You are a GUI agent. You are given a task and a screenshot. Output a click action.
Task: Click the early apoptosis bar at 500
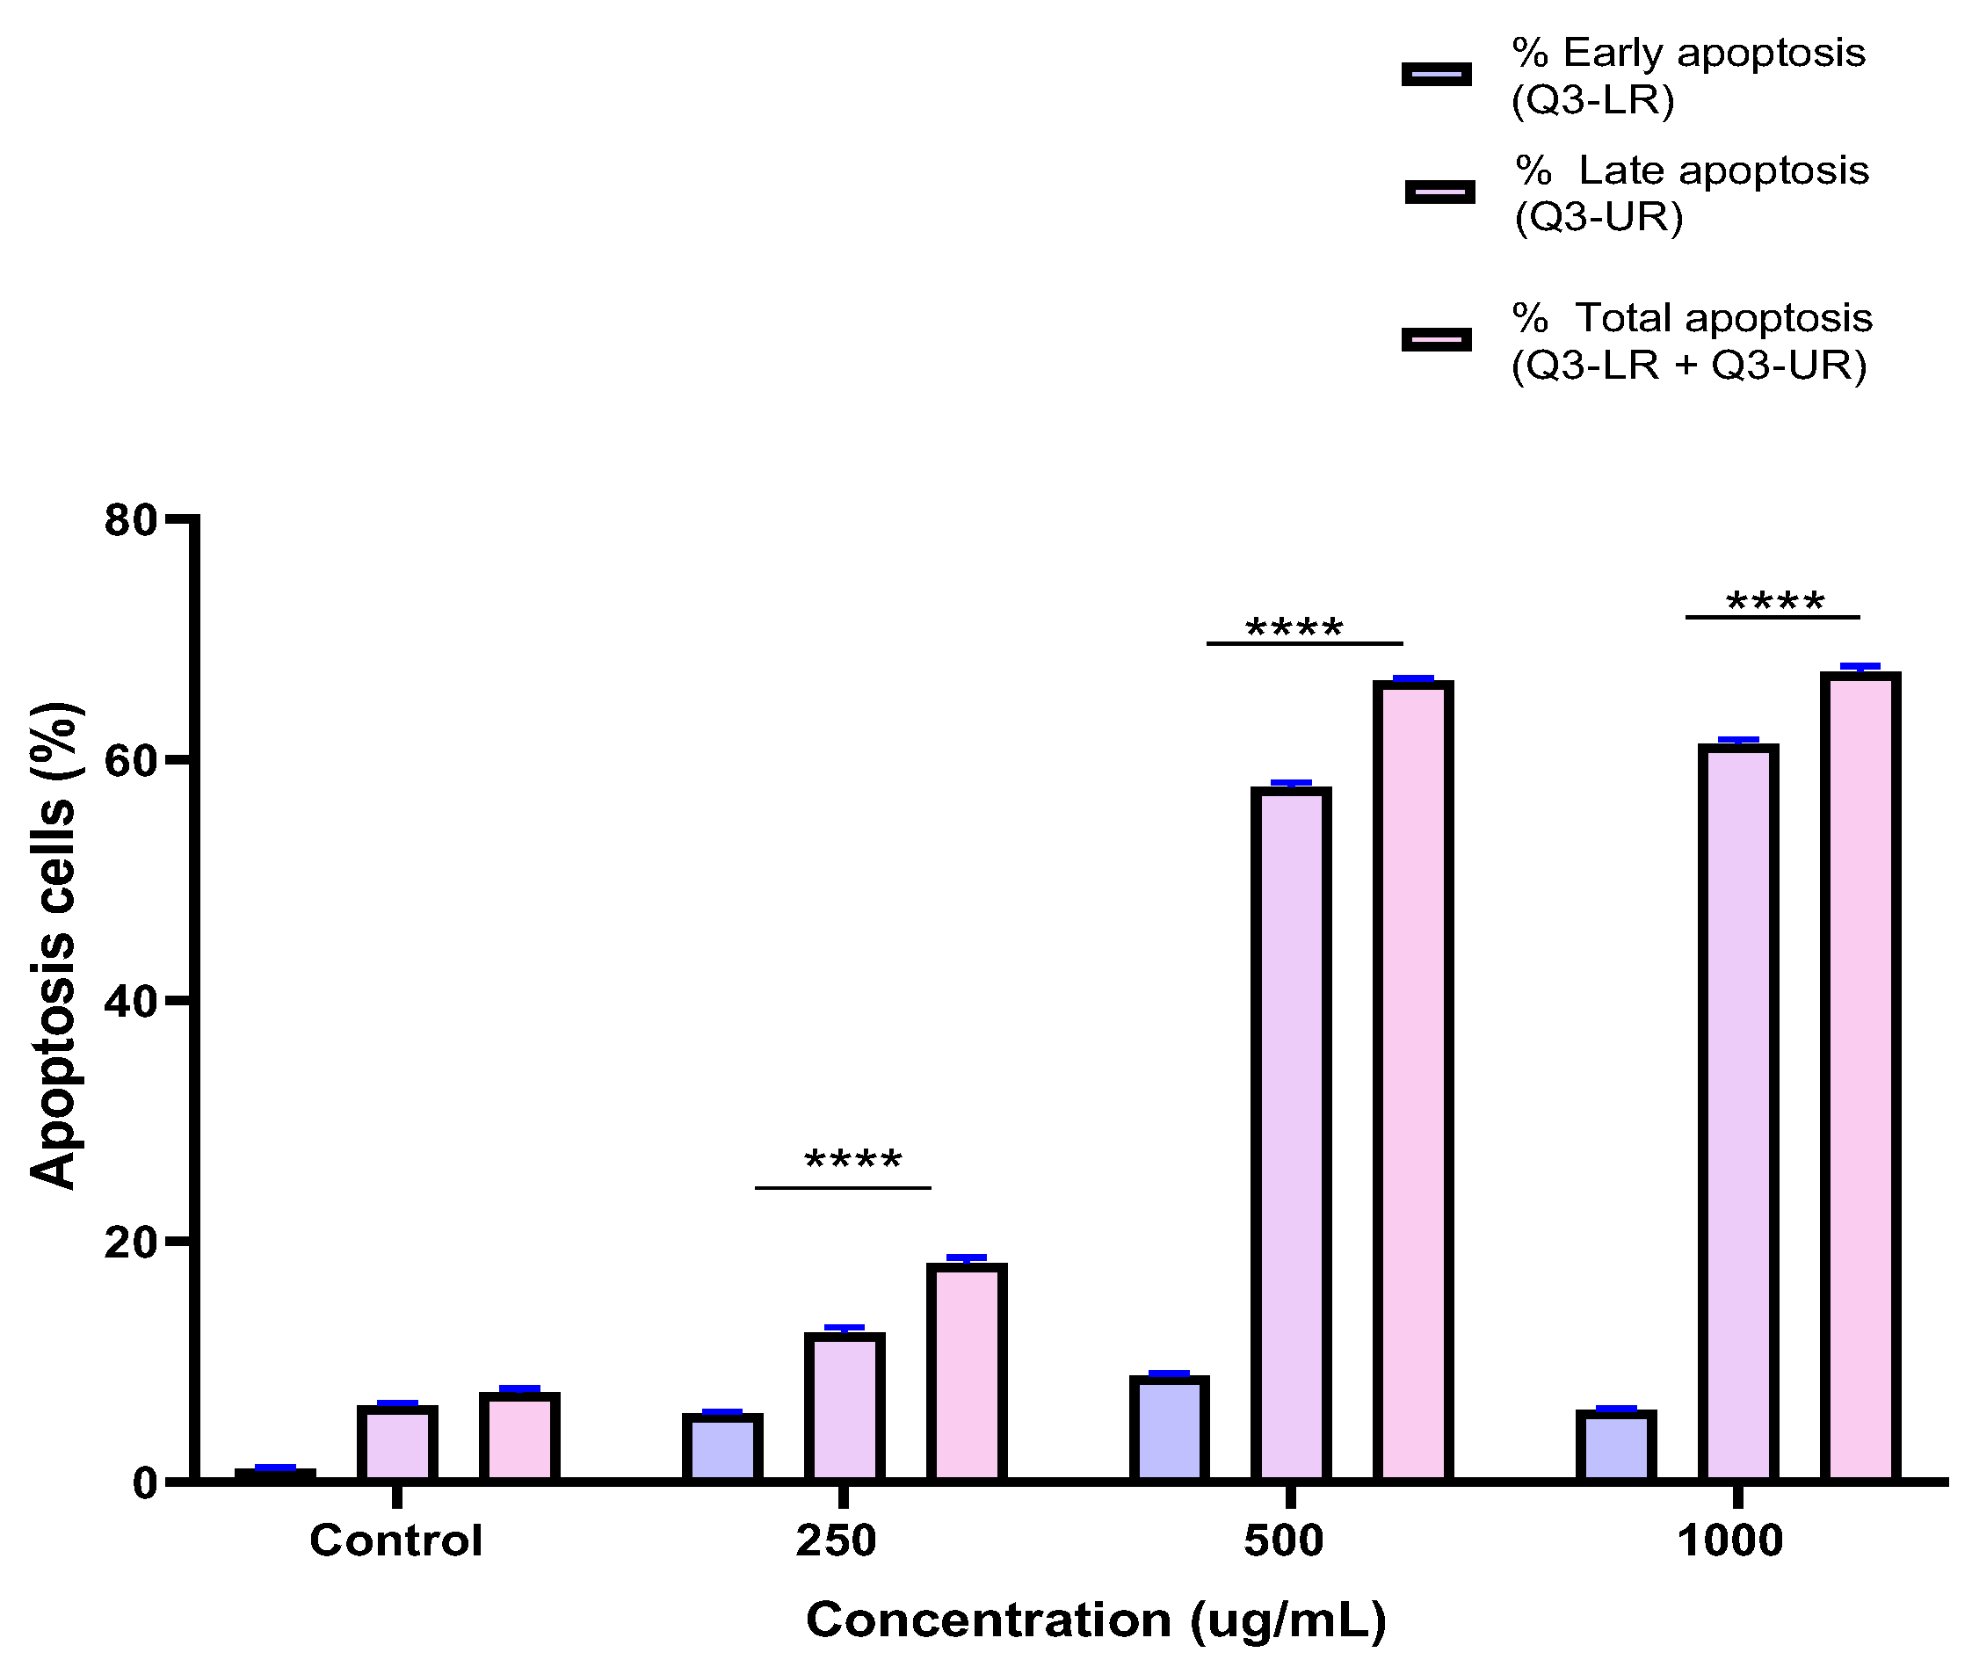(x=1169, y=1430)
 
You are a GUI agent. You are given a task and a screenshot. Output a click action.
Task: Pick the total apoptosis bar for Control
(x=518, y=1438)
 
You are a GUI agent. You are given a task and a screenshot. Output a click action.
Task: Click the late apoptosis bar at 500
(x=1291, y=1134)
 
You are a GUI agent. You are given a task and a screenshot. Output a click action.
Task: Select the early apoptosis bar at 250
(x=721, y=1448)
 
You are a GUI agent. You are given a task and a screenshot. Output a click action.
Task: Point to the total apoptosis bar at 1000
(x=1860, y=1077)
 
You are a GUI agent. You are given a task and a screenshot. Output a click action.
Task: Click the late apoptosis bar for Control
(x=397, y=1444)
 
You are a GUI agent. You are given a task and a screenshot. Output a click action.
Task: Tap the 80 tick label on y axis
(x=130, y=521)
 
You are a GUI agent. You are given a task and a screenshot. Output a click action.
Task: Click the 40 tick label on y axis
(x=130, y=1002)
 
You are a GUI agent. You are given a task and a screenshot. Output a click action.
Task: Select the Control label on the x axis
(x=396, y=1541)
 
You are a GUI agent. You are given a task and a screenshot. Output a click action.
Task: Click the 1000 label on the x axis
(x=1729, y=1541)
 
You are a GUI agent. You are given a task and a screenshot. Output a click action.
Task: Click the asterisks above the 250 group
(x=852, y=1160)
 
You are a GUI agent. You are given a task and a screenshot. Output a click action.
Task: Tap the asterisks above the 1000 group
(x=1774, y=602)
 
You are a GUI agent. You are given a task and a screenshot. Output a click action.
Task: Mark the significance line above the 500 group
(x=1304, y=643)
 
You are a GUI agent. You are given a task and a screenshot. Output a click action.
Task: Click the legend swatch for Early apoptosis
(x=1436, y=75)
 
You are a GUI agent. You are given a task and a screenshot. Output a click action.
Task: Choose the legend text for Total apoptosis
(x=1691, y=341)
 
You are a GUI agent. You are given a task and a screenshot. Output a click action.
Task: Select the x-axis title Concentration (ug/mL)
(x=1096, y=1620)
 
